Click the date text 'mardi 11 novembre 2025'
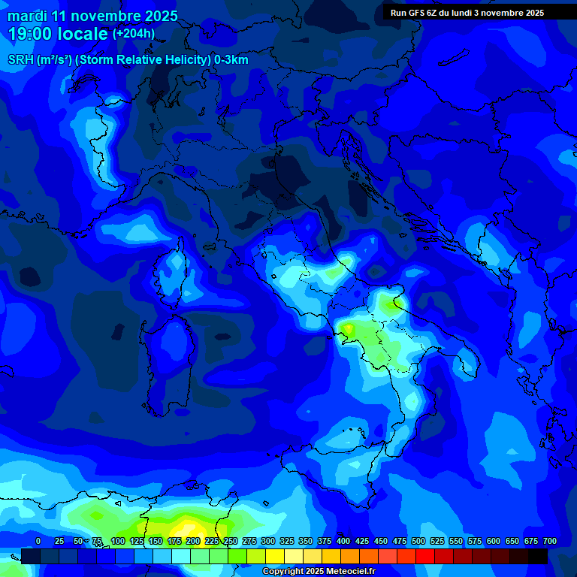[x=92, y=16]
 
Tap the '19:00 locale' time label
[x=59, y=34]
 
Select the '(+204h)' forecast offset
[x=134, y=34]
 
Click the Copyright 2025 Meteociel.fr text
[x=318, y=572]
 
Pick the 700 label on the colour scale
[x=549, y=542]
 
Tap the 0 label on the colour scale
[x=38, y=542]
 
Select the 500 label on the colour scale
[x=418, y=542]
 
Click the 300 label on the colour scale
[x=268, y=542]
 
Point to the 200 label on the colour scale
[x=193, y=542]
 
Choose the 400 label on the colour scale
[x=343, y=542]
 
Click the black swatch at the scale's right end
[x=538, y=556]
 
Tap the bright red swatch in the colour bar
[x=425, y=556]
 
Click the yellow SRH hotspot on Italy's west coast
[x=349, y=329]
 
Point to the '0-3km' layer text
[x=231, y=60]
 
